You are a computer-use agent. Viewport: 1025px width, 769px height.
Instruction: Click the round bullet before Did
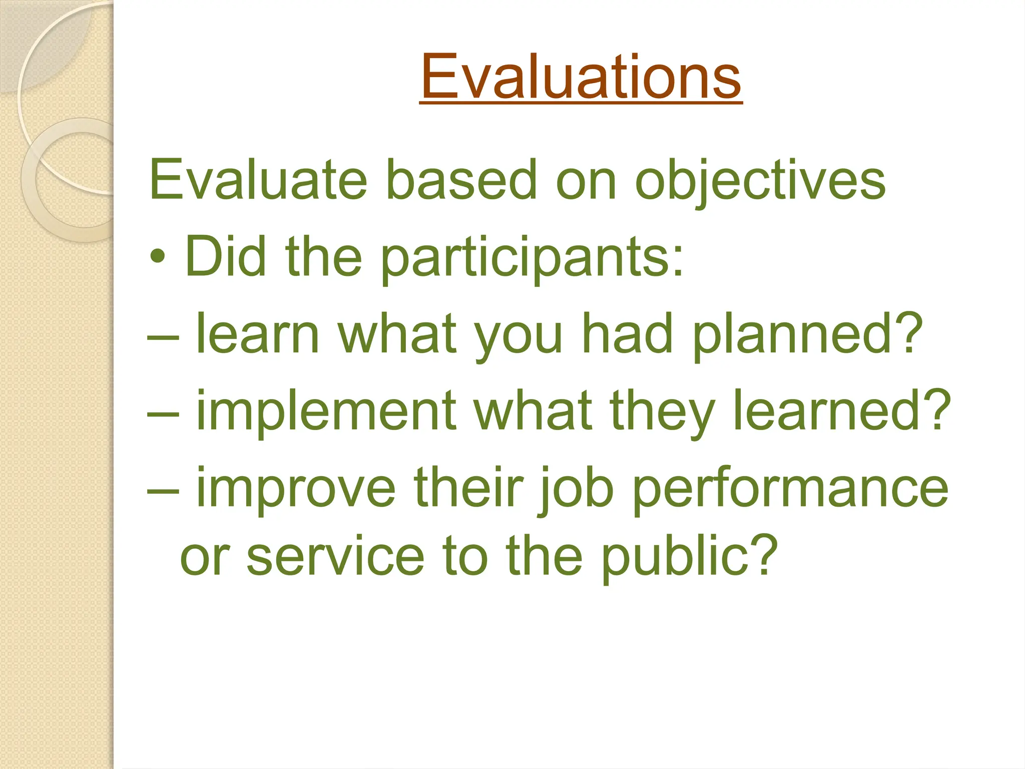pyautogui.click(x=158, y=257)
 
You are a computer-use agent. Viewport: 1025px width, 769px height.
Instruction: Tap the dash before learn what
pyautogui.click(x=163, y=337)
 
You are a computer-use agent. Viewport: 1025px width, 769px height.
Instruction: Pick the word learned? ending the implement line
pyautogui.click(x=841, y=411)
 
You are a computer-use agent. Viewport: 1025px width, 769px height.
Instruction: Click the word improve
pyautogui.click(x=296, y=488)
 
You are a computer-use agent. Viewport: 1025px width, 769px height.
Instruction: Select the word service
pyautogui.click(x=335, y=556)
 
